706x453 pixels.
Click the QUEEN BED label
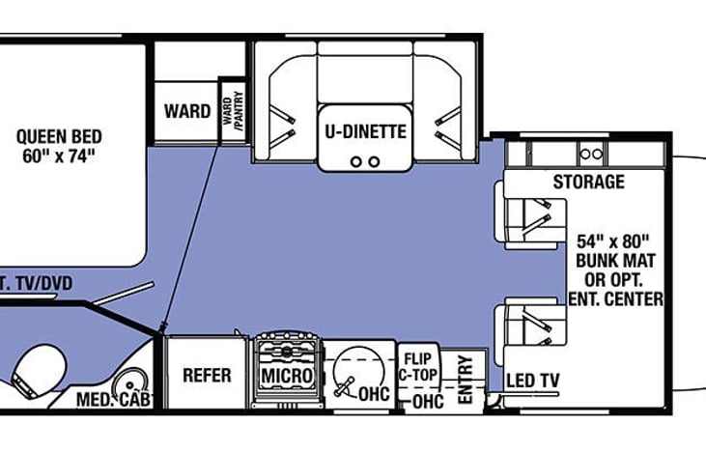point(59,136)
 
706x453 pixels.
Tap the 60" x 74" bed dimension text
point(59,155)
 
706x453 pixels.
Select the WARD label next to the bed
point(186,111)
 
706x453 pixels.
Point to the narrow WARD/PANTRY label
point(232,109)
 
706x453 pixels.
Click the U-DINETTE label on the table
point(363,131)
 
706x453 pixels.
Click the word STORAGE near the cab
point(588,182)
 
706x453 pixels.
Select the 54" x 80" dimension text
point(614,240)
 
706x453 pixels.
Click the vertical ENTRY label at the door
point(465,379)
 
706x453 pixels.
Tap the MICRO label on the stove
point(286,375)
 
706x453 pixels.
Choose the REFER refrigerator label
point(206,375)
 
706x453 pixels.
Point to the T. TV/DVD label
point(35,282)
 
